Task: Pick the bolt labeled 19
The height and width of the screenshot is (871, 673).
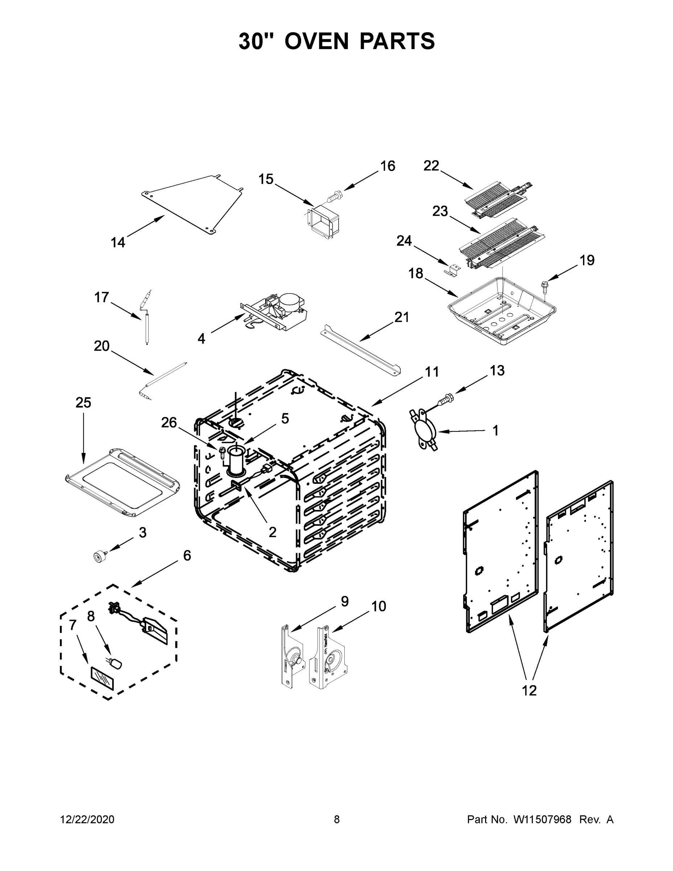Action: [545, 286]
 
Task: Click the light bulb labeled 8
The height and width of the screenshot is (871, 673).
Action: [117, 663]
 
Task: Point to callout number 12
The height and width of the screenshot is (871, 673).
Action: [529, 690]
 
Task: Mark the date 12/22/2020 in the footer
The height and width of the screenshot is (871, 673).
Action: [87, 819]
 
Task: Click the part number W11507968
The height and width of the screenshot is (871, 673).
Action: [542, 819]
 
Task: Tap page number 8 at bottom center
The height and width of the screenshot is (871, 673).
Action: [337, 819]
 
